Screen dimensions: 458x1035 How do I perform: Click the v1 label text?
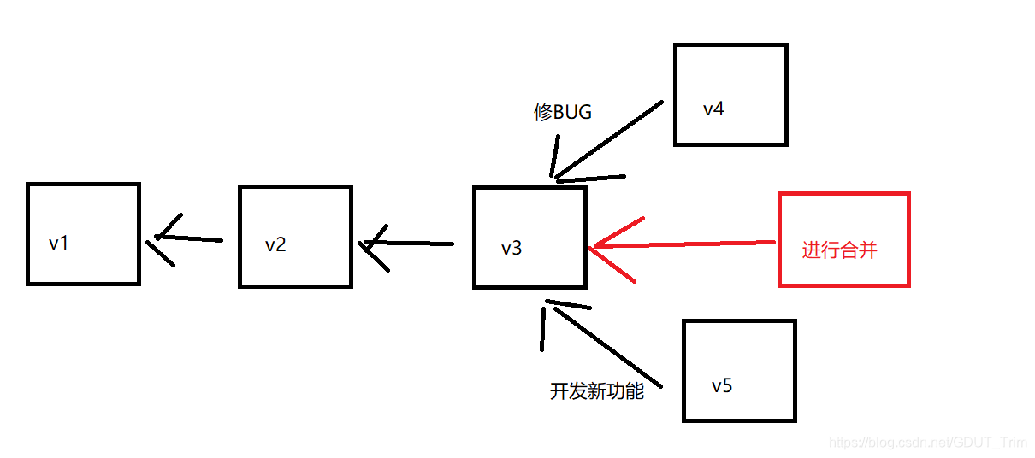pyautogui.click(x=59, y=244)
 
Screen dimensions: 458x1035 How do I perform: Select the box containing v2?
pyautogui.click(x=295, y=237)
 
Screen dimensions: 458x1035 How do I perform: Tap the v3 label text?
pyautogui.click(x=512, y=249)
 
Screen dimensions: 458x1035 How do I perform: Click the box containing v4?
pyautogui.click(x=730, y=95)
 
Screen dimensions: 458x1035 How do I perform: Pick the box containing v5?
pyautogui.click(x=739, y=371)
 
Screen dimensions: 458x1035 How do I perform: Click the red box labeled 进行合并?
pyautogui.click(x=843, y=239)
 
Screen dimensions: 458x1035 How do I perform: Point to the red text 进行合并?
pyautogui.click(x=839, y=250)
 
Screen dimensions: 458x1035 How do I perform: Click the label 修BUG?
pyautogui.click(x=562, y=112)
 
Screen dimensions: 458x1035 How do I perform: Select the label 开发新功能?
pyautogui.click(x=596, y=392)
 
